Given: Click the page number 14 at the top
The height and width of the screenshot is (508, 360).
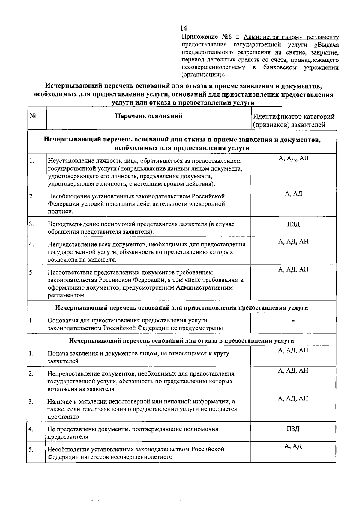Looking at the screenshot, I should pyautogui.click(x=184, y=28).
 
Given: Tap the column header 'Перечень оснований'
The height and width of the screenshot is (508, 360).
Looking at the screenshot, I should pyautogui.click(x=149, y=116).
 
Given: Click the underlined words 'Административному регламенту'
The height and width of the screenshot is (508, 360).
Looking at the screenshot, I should pyautogui.click(x=291, y=37).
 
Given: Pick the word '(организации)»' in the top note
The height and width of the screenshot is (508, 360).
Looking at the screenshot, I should pyautogui.click(x=203, y=74).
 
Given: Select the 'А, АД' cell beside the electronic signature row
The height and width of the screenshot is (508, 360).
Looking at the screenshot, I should pyautogui.click(x=293, y=194).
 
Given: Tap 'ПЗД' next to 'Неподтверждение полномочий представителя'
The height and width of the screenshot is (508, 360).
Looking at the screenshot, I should pyautogui.click(x=293, y=224).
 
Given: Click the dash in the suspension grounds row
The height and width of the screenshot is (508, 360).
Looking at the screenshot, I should pyautogui.click(x=293, y=321).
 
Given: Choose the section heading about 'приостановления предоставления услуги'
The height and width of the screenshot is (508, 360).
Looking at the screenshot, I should pyautogui.click(x=182, y=308).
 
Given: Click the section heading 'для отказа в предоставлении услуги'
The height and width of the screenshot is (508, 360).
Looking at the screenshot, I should pyautogui.click(x=181, y=341).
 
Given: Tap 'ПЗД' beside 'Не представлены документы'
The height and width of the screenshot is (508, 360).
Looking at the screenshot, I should pyautogui.click(x=293, y=429).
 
